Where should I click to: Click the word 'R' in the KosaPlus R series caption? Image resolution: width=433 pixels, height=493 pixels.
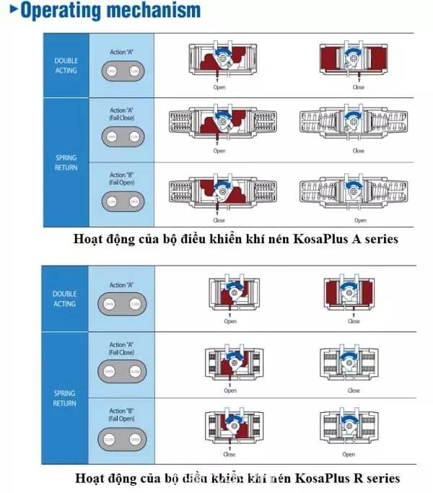click(356, 478)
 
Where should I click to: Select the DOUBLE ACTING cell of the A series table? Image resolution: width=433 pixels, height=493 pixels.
click(66, 66)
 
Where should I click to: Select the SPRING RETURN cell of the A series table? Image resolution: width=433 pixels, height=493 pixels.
click(66, 162)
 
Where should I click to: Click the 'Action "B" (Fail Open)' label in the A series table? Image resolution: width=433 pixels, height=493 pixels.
click(122, 178)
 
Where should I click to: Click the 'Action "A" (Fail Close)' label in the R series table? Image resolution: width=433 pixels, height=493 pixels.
click(122, 349)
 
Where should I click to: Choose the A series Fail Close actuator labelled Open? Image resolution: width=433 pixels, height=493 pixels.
click(219, 123)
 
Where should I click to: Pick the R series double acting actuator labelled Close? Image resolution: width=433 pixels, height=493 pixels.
click(354, 295)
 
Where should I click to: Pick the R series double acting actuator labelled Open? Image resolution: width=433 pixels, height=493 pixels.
click(230, 295)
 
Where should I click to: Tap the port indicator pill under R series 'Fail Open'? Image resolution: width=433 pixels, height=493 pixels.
click(122, 438)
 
